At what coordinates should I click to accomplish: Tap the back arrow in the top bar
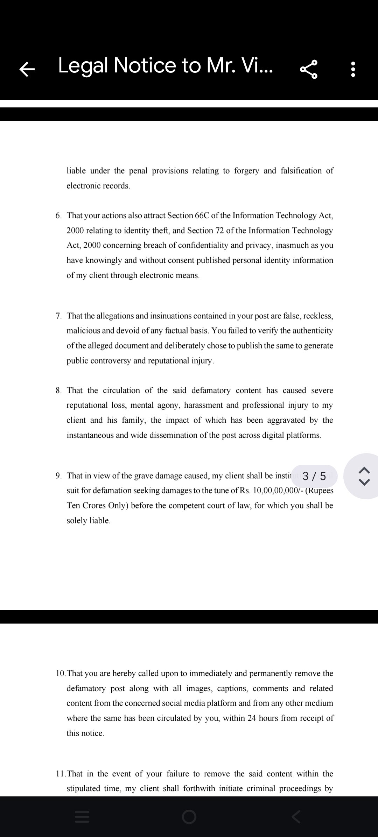[x=27, y=69]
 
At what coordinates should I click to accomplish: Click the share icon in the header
[x=309, y=69]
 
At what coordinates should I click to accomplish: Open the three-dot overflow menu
[x=353, y=69]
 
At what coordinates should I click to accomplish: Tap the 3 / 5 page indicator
[x=314, y=476]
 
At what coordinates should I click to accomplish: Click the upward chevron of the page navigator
[x=364, y=470]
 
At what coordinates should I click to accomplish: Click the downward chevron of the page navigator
[x=364, y=482]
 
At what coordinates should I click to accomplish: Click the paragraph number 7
[x=58, y=316]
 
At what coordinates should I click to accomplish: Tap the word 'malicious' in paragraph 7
[x=83, y=331]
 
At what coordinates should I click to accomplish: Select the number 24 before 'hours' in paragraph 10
[x=252, y=718]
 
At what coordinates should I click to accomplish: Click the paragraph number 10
[x=61, y=673]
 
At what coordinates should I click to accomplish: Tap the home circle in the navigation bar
[x=189, y=817]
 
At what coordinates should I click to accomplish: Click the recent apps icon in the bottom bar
[x=82, y=817]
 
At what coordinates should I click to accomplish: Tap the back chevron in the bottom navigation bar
[x=296, y=817]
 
